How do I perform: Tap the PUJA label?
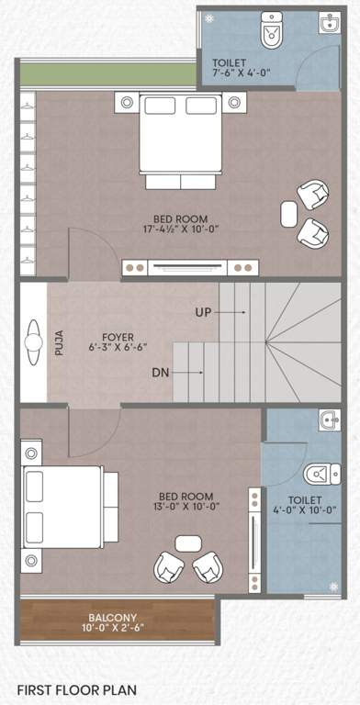[x=60, y=341]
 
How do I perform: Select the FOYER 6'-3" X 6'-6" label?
[x=118, y=342]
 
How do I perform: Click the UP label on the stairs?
[x=204, y=312]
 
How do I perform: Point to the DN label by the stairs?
[x=160, y=373]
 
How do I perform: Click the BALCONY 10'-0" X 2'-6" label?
[x=118, y=622]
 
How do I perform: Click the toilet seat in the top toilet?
[x=272, y=33]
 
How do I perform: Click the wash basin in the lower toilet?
[x=330, y=421]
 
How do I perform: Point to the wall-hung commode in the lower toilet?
[x=317, y=474]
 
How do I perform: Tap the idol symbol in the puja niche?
[x=34, y=341]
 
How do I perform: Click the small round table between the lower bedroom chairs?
[x=188, y=543]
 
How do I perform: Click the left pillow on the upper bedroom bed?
[x=155, y=106]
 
